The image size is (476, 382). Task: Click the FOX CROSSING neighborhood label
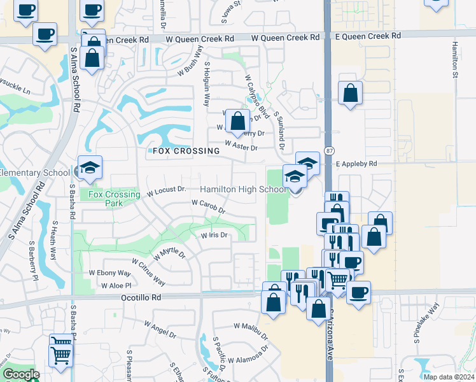point(186,151)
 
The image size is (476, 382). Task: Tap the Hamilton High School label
point(243,190)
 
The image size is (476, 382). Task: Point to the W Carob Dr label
point(208,205)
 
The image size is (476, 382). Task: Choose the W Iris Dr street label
point(214,235)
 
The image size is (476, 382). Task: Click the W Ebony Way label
point(109,273)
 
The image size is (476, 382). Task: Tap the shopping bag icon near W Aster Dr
point(237,121)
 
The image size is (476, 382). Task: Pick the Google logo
point(21,374)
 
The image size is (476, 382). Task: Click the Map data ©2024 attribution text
point(448,376)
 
